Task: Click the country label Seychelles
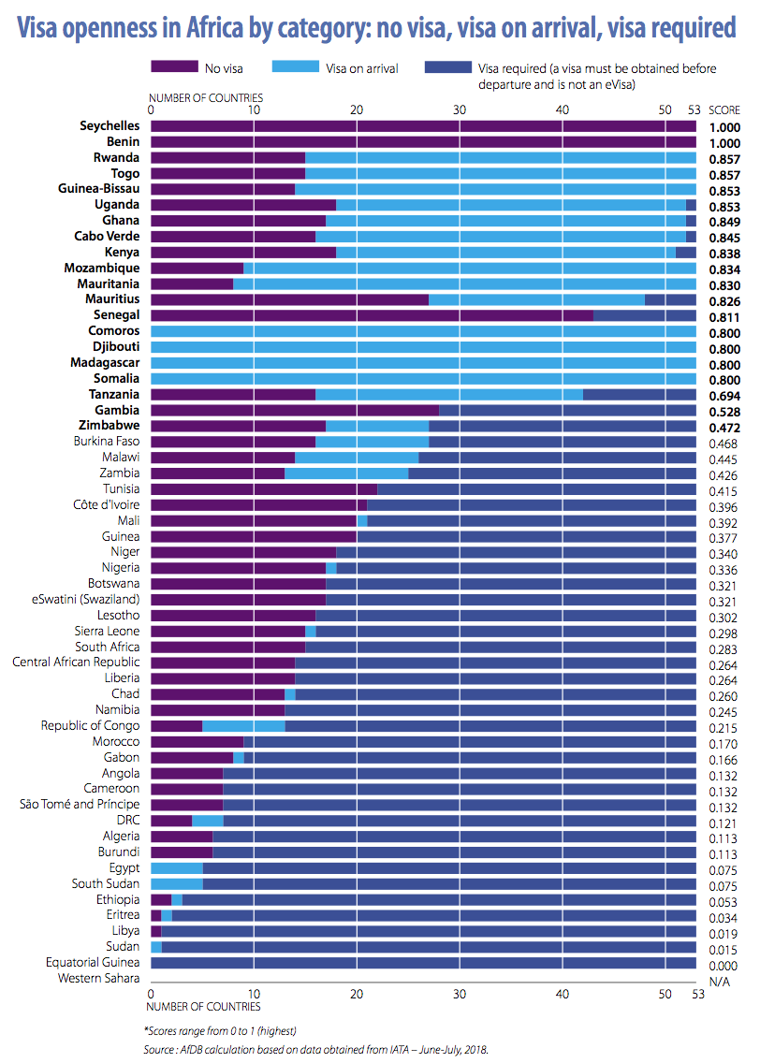pos(110,125)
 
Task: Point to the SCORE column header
pos(723,109)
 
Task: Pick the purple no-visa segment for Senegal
pos(372,315)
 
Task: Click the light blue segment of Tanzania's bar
pos(448,394)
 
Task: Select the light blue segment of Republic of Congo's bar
pos(243,725)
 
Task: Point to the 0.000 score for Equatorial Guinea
pos(722,963)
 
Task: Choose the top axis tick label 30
pos(459,109)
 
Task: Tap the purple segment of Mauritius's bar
pos(289,299)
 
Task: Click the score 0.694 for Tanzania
pos(722,395)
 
